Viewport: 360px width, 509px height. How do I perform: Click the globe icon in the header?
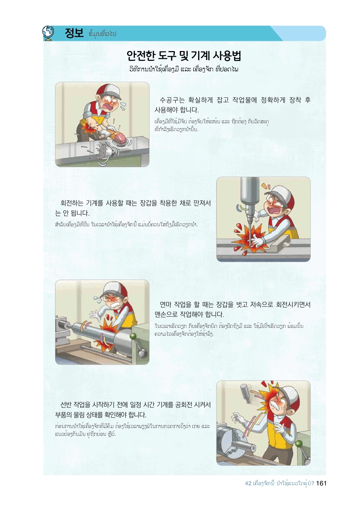click(48, 33)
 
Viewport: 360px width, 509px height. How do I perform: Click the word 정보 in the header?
click(74, 33)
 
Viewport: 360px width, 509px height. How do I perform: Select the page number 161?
click(321, 483)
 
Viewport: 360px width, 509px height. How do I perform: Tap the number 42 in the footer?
click(248, 483)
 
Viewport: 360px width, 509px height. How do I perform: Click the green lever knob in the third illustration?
click(133, 337)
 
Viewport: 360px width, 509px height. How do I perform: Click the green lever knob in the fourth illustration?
click(299, 444)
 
